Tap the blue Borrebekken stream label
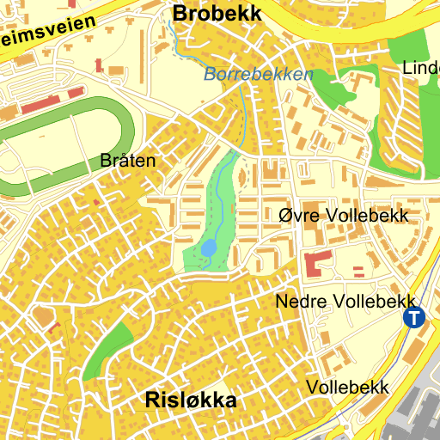pos(259,75)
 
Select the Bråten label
pos(128,160)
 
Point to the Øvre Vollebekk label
pos(344,215)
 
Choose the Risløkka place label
pos(191,400)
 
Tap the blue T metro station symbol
pos(414,318)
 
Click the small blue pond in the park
pos(209,249)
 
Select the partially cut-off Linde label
pos(421,68)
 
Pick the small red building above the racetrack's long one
pos(100,64)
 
